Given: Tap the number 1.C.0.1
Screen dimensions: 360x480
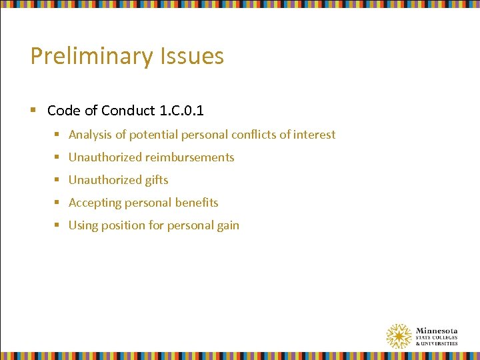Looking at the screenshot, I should pyautogui.click(x=181, y=109).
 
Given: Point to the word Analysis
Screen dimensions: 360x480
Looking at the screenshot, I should pyautogui.click(x=90, y=135).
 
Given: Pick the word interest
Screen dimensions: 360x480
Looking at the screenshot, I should pyautogui.click(x=314, y=135).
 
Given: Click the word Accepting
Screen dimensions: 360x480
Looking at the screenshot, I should pyautogui.click(x=95, y=203).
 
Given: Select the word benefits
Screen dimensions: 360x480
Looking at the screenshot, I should pyautogui.click(x=197, y=203).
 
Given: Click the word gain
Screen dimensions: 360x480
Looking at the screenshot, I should pyautogui.click(x=227, y=225).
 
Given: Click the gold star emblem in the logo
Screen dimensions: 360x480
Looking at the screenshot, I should pyautogui.click(x=399, y=337).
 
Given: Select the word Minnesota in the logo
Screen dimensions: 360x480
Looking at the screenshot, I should pyautogui.click(x=436, y=331).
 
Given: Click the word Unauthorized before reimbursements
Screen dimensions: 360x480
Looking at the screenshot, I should pyautogui.click(x=105, y=157).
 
